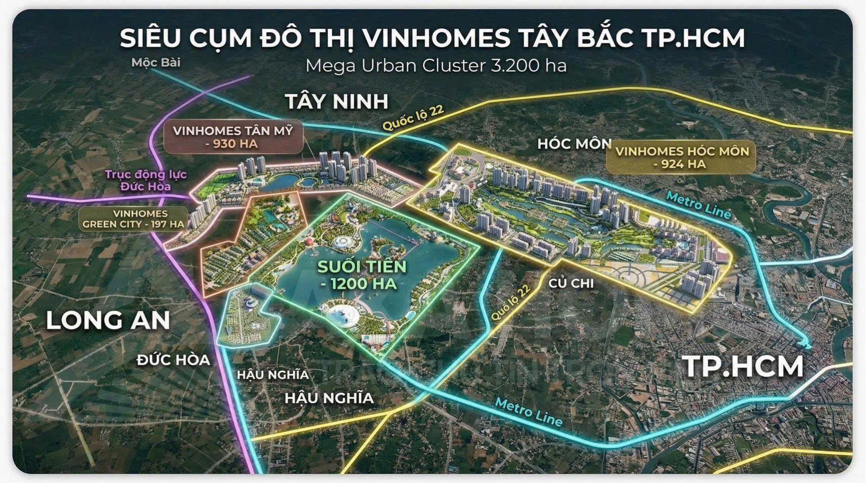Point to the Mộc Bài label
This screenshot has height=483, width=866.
coord(156,63)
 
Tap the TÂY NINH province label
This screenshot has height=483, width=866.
coord(337,101)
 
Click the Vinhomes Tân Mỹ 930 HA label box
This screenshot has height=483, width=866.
coord(233,137)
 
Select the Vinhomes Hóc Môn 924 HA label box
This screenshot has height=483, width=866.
coord(682,157)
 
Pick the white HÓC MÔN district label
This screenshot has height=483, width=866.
coord(574,144)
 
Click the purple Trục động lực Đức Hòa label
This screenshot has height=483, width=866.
coord(146,181)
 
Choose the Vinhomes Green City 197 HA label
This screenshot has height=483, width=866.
coord(134,218)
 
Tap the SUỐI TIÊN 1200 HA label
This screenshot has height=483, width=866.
coord(361,275)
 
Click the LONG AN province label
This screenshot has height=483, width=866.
coord(108,321)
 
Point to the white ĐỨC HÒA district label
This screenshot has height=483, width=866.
coord(173,360)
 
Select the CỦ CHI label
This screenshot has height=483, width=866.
coord(571,283)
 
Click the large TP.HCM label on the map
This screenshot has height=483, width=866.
coord(744,367)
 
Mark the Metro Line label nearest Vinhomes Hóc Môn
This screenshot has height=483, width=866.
coord(698,205)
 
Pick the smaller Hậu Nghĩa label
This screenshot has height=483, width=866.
coord(273,375)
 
